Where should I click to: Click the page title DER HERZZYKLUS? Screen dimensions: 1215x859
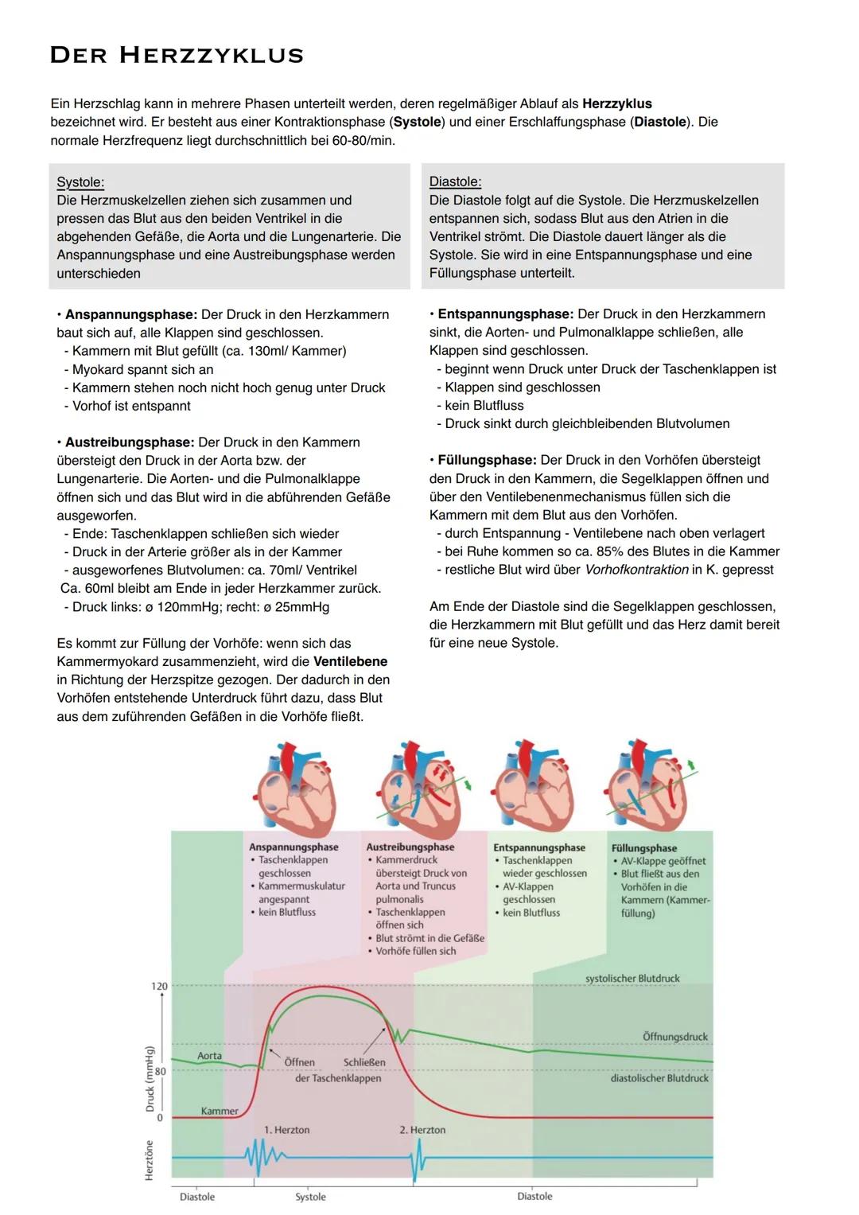pyautogui.click(x=177, y=55)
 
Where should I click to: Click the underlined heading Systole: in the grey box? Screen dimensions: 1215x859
pyautogui.click(x=80, y=182)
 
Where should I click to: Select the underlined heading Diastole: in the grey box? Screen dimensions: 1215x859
pyautogui.click(x=455, y=181)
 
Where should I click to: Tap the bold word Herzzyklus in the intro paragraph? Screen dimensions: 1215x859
pyautogui.click(x=616, y=103)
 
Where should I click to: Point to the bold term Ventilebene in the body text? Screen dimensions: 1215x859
pyautogui.click(x=350, y=661)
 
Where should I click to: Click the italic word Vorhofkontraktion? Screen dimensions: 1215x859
pyautogui.click(x=636, y=570)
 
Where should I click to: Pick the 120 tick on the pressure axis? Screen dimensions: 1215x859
pyautogui.click(x=159, y=987)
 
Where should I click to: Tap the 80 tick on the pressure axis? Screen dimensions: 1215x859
pyautogui.click(x=160, y=1071)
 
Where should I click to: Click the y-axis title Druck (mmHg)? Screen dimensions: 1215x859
pyautogui.click(x=150, y=1079)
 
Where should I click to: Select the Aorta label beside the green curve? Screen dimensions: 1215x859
pyautogui.click(x=209, y=1056)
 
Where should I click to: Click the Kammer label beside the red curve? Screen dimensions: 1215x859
pyautogui.click(x=219, y=1111)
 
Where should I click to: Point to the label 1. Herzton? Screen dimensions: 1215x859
pyautogui.click(x=286, y=1130)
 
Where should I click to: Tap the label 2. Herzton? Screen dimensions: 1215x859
pyautogui.click(x=422, y=1130)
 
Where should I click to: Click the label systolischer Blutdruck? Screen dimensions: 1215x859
pyautogui.click(x=632, y=979)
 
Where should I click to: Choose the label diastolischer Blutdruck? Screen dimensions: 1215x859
pyautogui.click(x=659, y=1078)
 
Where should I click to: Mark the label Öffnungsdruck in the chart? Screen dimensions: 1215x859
pyautogui.click(x=675, y=1037)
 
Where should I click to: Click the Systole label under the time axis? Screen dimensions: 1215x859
pyautogui.click(x=310, y=1197)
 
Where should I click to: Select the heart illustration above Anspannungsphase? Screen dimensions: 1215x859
pyautogui.click(x=293, y=788)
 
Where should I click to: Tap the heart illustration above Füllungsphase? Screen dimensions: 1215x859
pyautogui.click(x=645, y=788)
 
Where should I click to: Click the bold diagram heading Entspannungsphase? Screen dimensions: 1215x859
pyautogui.click(x=538, y=847)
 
